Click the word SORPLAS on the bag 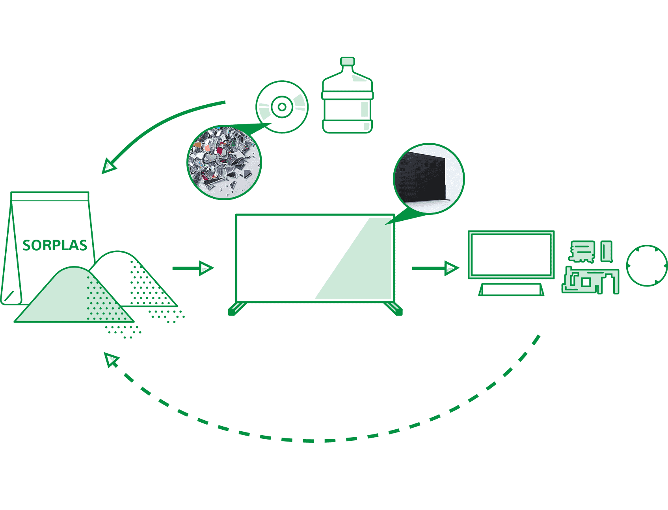click(55, 245)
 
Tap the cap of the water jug click(348, 61)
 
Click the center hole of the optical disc click(282, 107)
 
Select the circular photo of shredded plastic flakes click(224, 162)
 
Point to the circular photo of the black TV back click(429, 178)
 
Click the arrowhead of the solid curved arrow click(109, 166)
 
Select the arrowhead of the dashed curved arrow click(111, 359)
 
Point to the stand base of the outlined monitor click(511, 290)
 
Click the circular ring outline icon click(646, 266)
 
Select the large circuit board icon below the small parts click(590, 280)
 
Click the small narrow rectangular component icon click(607, 251)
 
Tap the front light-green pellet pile click(67, 299)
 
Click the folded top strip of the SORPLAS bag click(50, 196)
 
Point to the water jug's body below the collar click(347, 114)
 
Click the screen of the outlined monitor click(511, 255)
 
